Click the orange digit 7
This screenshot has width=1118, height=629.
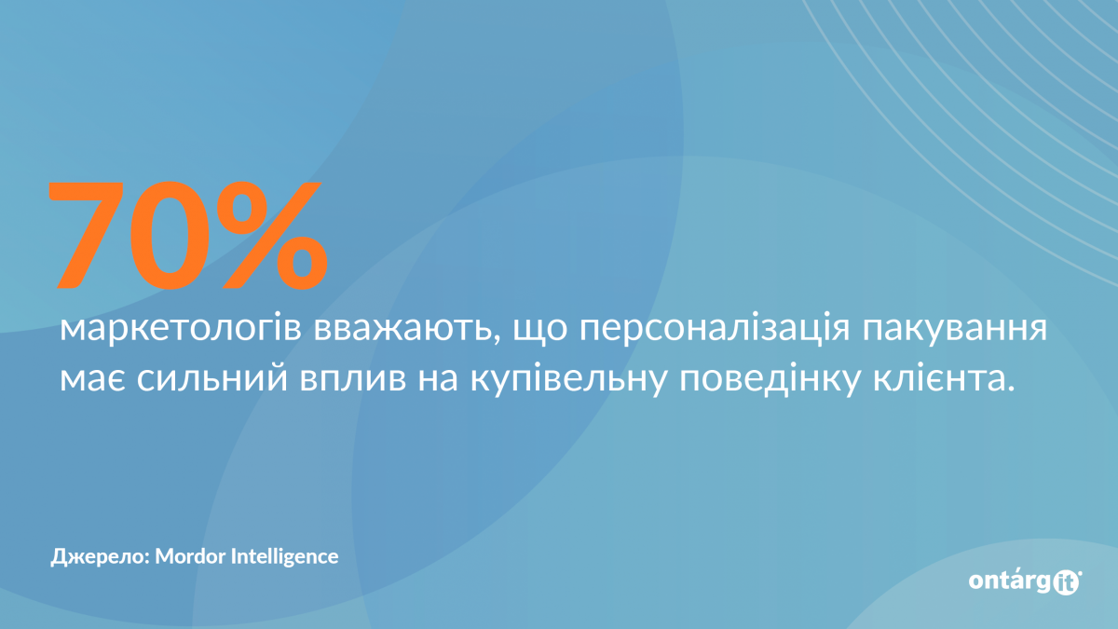coord(86,235)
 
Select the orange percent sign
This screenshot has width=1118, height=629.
coord(272,235)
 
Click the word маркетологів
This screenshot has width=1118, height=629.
coord(181,330)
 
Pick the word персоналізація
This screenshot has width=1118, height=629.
coord(715,330)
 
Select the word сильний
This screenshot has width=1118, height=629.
coord(212,379)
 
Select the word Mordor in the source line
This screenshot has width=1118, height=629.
coord(190,556)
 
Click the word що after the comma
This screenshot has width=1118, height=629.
coord(540,333)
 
